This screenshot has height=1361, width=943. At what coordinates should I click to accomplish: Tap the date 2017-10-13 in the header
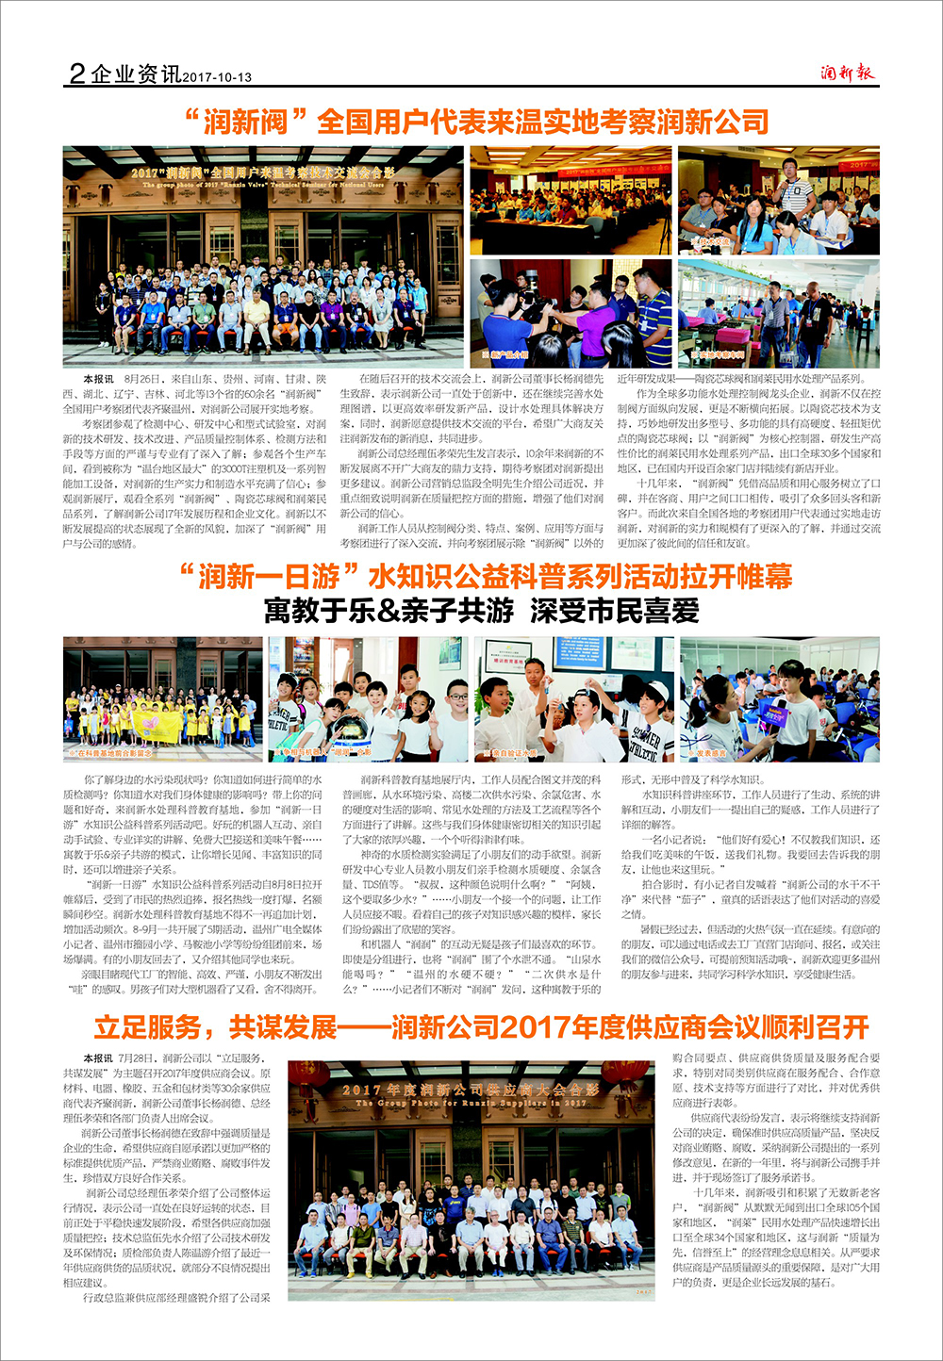[218, 77]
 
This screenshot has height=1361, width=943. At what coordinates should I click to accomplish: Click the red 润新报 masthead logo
[847, 73]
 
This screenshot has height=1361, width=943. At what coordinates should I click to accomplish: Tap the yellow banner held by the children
[157, 724]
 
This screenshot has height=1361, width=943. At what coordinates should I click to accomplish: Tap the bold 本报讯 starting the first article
[98, 379]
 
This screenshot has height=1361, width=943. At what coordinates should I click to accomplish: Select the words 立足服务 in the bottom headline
[147, 1026]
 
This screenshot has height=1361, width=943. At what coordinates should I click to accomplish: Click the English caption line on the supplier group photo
[471, 1103]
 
